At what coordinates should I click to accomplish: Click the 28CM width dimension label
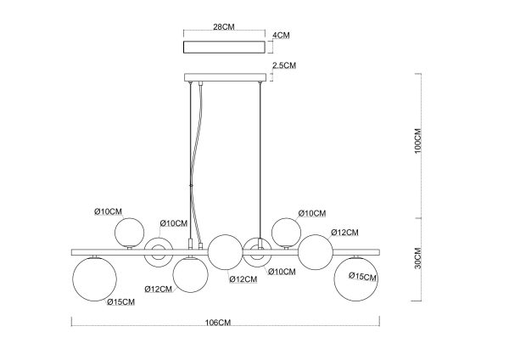pos(224,27)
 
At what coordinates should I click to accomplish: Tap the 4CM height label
pos(281,37)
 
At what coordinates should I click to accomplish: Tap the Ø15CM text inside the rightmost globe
pos(362,277)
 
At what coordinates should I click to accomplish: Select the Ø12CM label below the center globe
pos(243,279)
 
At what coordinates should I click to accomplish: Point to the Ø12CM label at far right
pos(345,232)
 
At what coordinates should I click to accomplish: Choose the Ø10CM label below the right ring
pos(282,272)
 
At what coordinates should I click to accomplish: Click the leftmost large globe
pos(93,279)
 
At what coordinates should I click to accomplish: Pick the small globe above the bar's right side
pos(285,233)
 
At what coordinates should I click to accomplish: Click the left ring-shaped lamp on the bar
pos(158,250)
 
